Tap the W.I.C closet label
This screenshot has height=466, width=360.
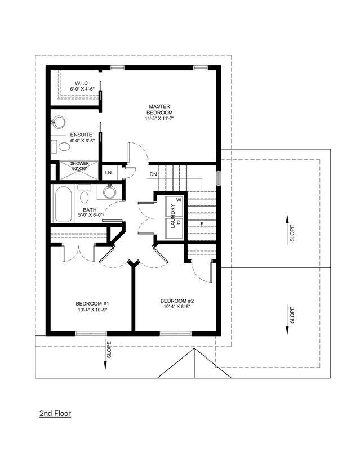[x=81, y=83]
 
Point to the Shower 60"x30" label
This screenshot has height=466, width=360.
[x=79, y=166]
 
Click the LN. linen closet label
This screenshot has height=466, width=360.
[x=109, y=173]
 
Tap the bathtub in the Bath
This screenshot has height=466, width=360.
[x=63, y=204]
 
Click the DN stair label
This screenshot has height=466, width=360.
[x=153, y=174]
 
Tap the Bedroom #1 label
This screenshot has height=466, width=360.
[x=92, y=304]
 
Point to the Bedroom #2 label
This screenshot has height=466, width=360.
[x=177, y=301]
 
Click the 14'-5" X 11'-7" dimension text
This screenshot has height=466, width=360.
[x=159, y=118]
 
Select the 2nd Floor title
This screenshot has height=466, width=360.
[x=55, y=414]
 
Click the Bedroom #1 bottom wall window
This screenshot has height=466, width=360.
[x=91, y=333]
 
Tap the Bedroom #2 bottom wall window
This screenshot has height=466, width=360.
[x=176, y=333]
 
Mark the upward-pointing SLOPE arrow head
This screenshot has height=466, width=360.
[x=287, y=219]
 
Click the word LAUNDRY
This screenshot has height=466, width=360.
[x=173, y=216]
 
